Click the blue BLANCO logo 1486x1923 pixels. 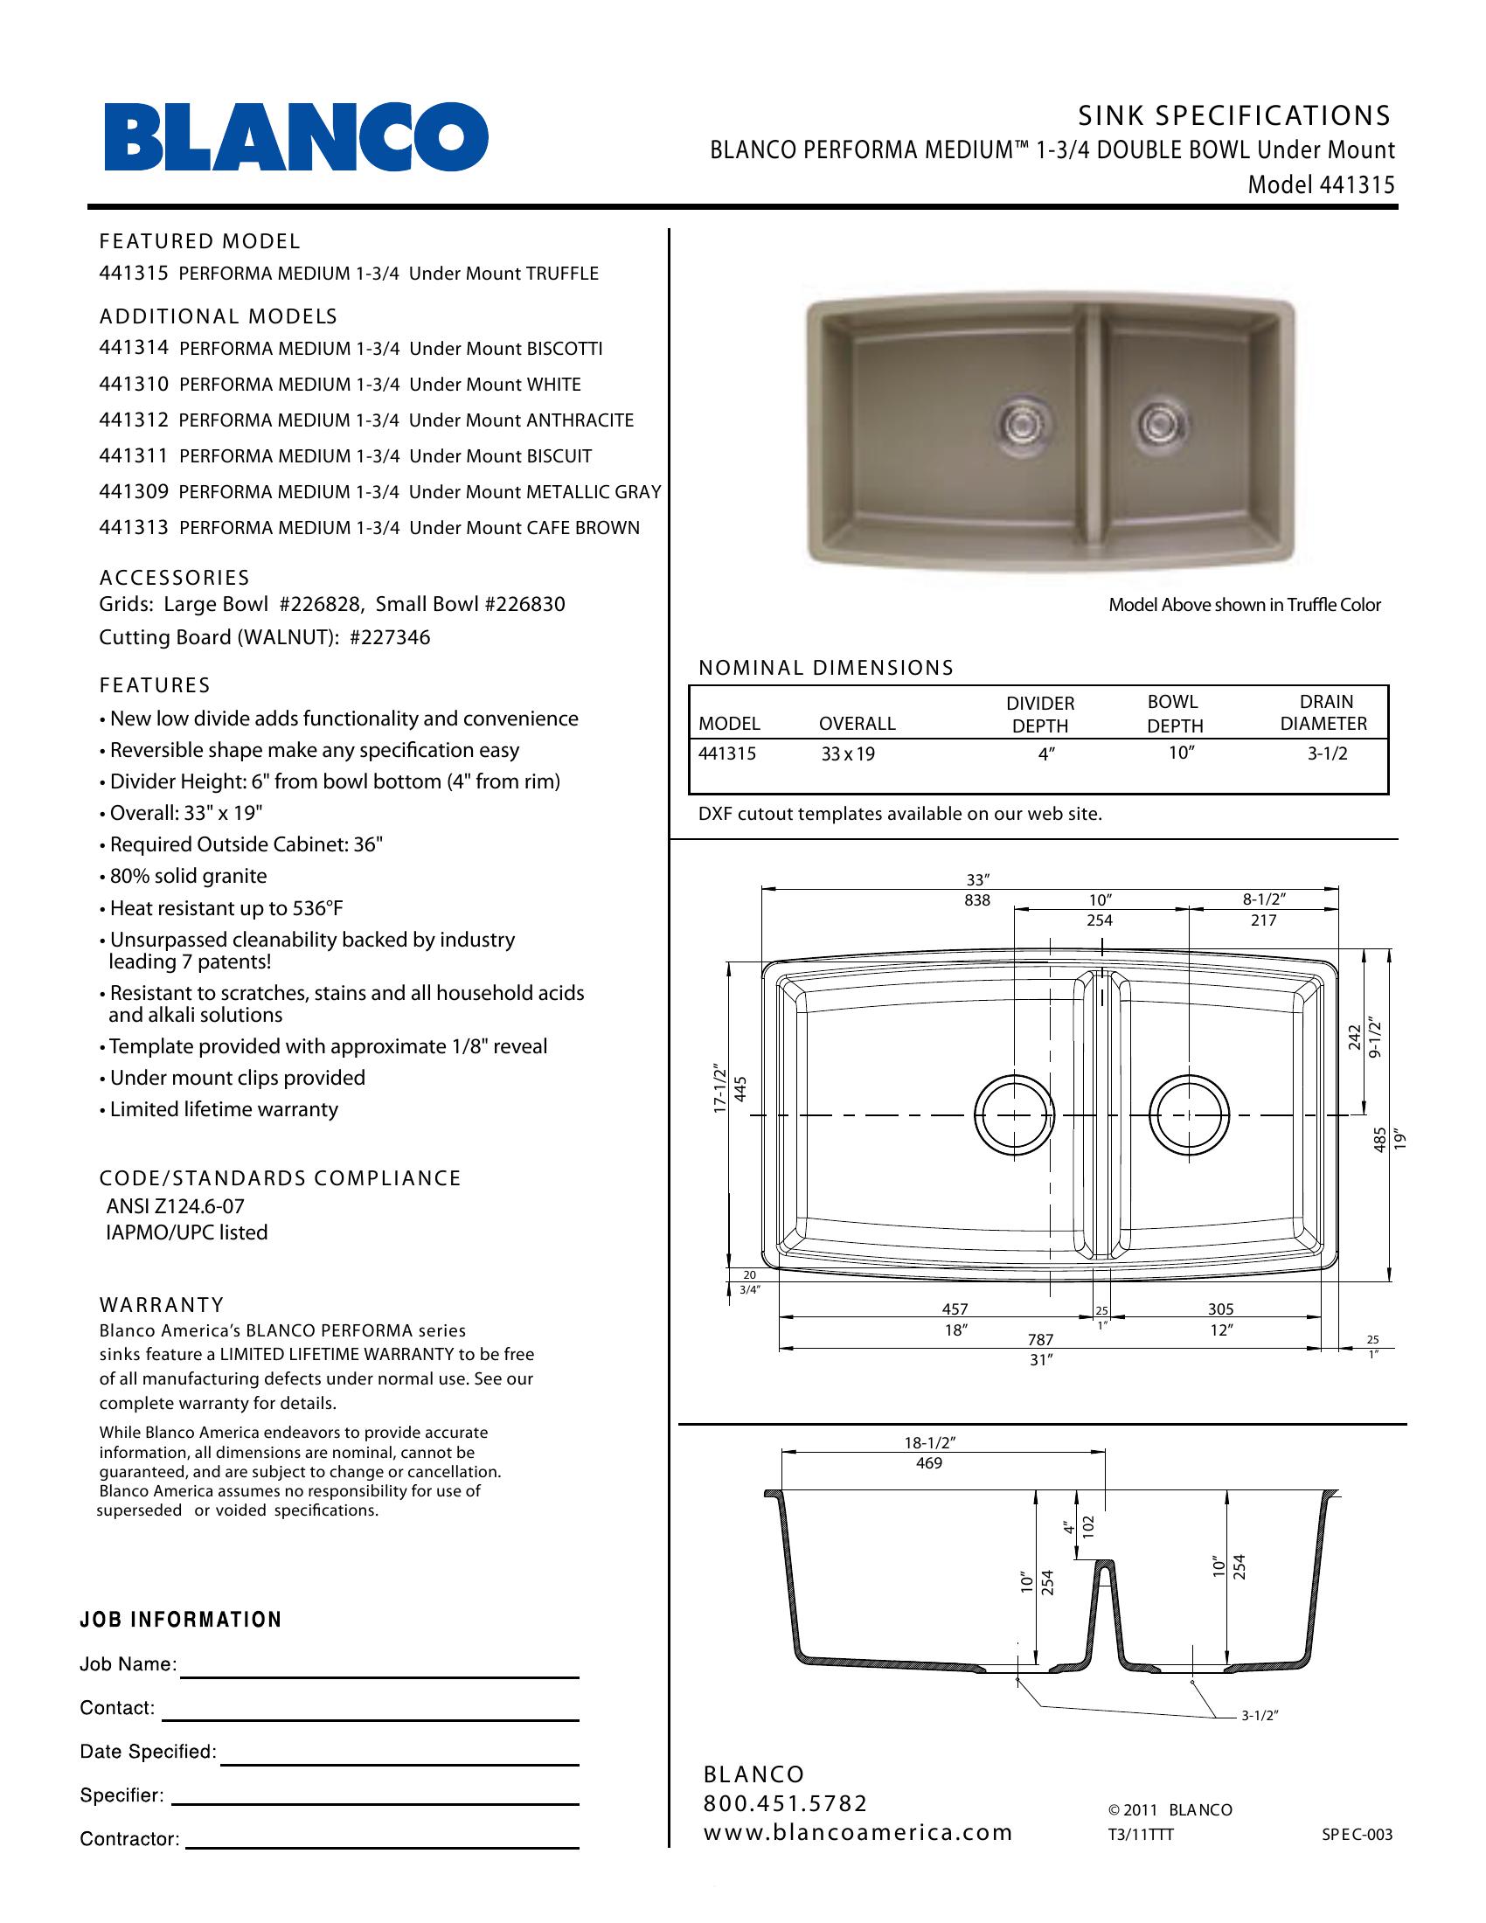[295, 137]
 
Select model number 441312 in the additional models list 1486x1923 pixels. [133, 420]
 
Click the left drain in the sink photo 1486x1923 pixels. [1019, 424]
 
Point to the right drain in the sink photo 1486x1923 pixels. [1154, 425]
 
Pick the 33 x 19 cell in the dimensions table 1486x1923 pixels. [848, 753]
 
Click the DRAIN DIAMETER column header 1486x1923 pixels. [1325, 712]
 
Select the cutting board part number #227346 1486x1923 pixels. [390, 637]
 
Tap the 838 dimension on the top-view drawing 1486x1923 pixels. [977, 899]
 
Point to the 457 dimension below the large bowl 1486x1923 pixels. [955, 1309]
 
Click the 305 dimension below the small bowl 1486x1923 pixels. [1220, 1309]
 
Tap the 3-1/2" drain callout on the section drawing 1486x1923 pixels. [1260, 1716]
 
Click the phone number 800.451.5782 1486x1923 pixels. [785, 1804]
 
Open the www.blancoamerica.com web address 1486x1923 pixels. [858, 1833]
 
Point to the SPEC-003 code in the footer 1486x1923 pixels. [1357, 1835]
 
